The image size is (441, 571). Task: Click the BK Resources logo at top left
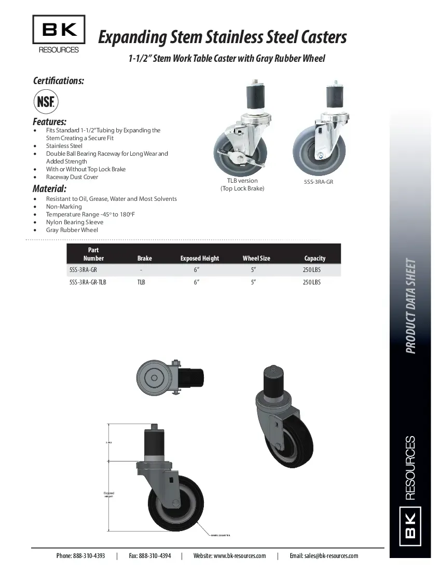[59, 34]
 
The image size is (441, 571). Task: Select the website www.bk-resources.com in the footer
[229, 555]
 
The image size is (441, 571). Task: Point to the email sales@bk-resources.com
[324, 555]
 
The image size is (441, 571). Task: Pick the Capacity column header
[314, 258]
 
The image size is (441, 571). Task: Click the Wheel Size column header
[256, 258]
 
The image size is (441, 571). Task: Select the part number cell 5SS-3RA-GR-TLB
[88, 282]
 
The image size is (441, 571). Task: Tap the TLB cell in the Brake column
[141, 282]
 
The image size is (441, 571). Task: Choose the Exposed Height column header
[199, 258]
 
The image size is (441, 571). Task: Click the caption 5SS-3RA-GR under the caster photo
[318, 182]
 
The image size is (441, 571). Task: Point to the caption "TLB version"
[242, 181]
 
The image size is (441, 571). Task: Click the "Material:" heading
[49, 188]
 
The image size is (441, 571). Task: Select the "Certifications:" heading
[59, 80]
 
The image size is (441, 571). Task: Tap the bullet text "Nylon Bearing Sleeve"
[74, 222]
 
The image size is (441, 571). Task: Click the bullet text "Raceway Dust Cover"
[72, 177]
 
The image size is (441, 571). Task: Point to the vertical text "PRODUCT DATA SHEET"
[410, 306]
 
